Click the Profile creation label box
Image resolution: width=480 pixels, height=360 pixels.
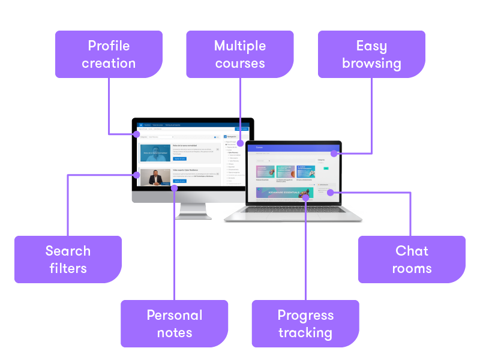(x=109, y=55)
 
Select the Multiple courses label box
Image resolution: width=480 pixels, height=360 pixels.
(x=239, y=55)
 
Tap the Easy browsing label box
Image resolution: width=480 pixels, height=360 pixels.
(x=371, y=55)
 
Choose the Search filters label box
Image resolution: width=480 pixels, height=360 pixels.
(x=68, y=259)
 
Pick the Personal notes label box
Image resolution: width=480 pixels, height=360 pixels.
(x=175, y=323)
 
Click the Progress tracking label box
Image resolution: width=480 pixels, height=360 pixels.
(x=305, y=323)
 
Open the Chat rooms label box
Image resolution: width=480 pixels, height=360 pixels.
(x=412, y=259)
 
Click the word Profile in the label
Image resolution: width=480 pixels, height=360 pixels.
(x=109, y=46)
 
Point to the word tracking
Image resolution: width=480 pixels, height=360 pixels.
(x=305, y=332)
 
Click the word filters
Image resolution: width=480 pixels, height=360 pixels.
(x=68, y=268)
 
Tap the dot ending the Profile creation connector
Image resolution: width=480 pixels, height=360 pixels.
(x=137, y=134)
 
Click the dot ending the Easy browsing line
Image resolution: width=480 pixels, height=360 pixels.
(x=332, y=154)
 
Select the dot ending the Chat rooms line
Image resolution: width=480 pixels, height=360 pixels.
(x=329, y=192)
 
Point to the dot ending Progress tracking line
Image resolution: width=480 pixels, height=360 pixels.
(x=305, y=196)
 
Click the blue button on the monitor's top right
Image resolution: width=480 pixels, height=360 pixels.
(x=242, y=128)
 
